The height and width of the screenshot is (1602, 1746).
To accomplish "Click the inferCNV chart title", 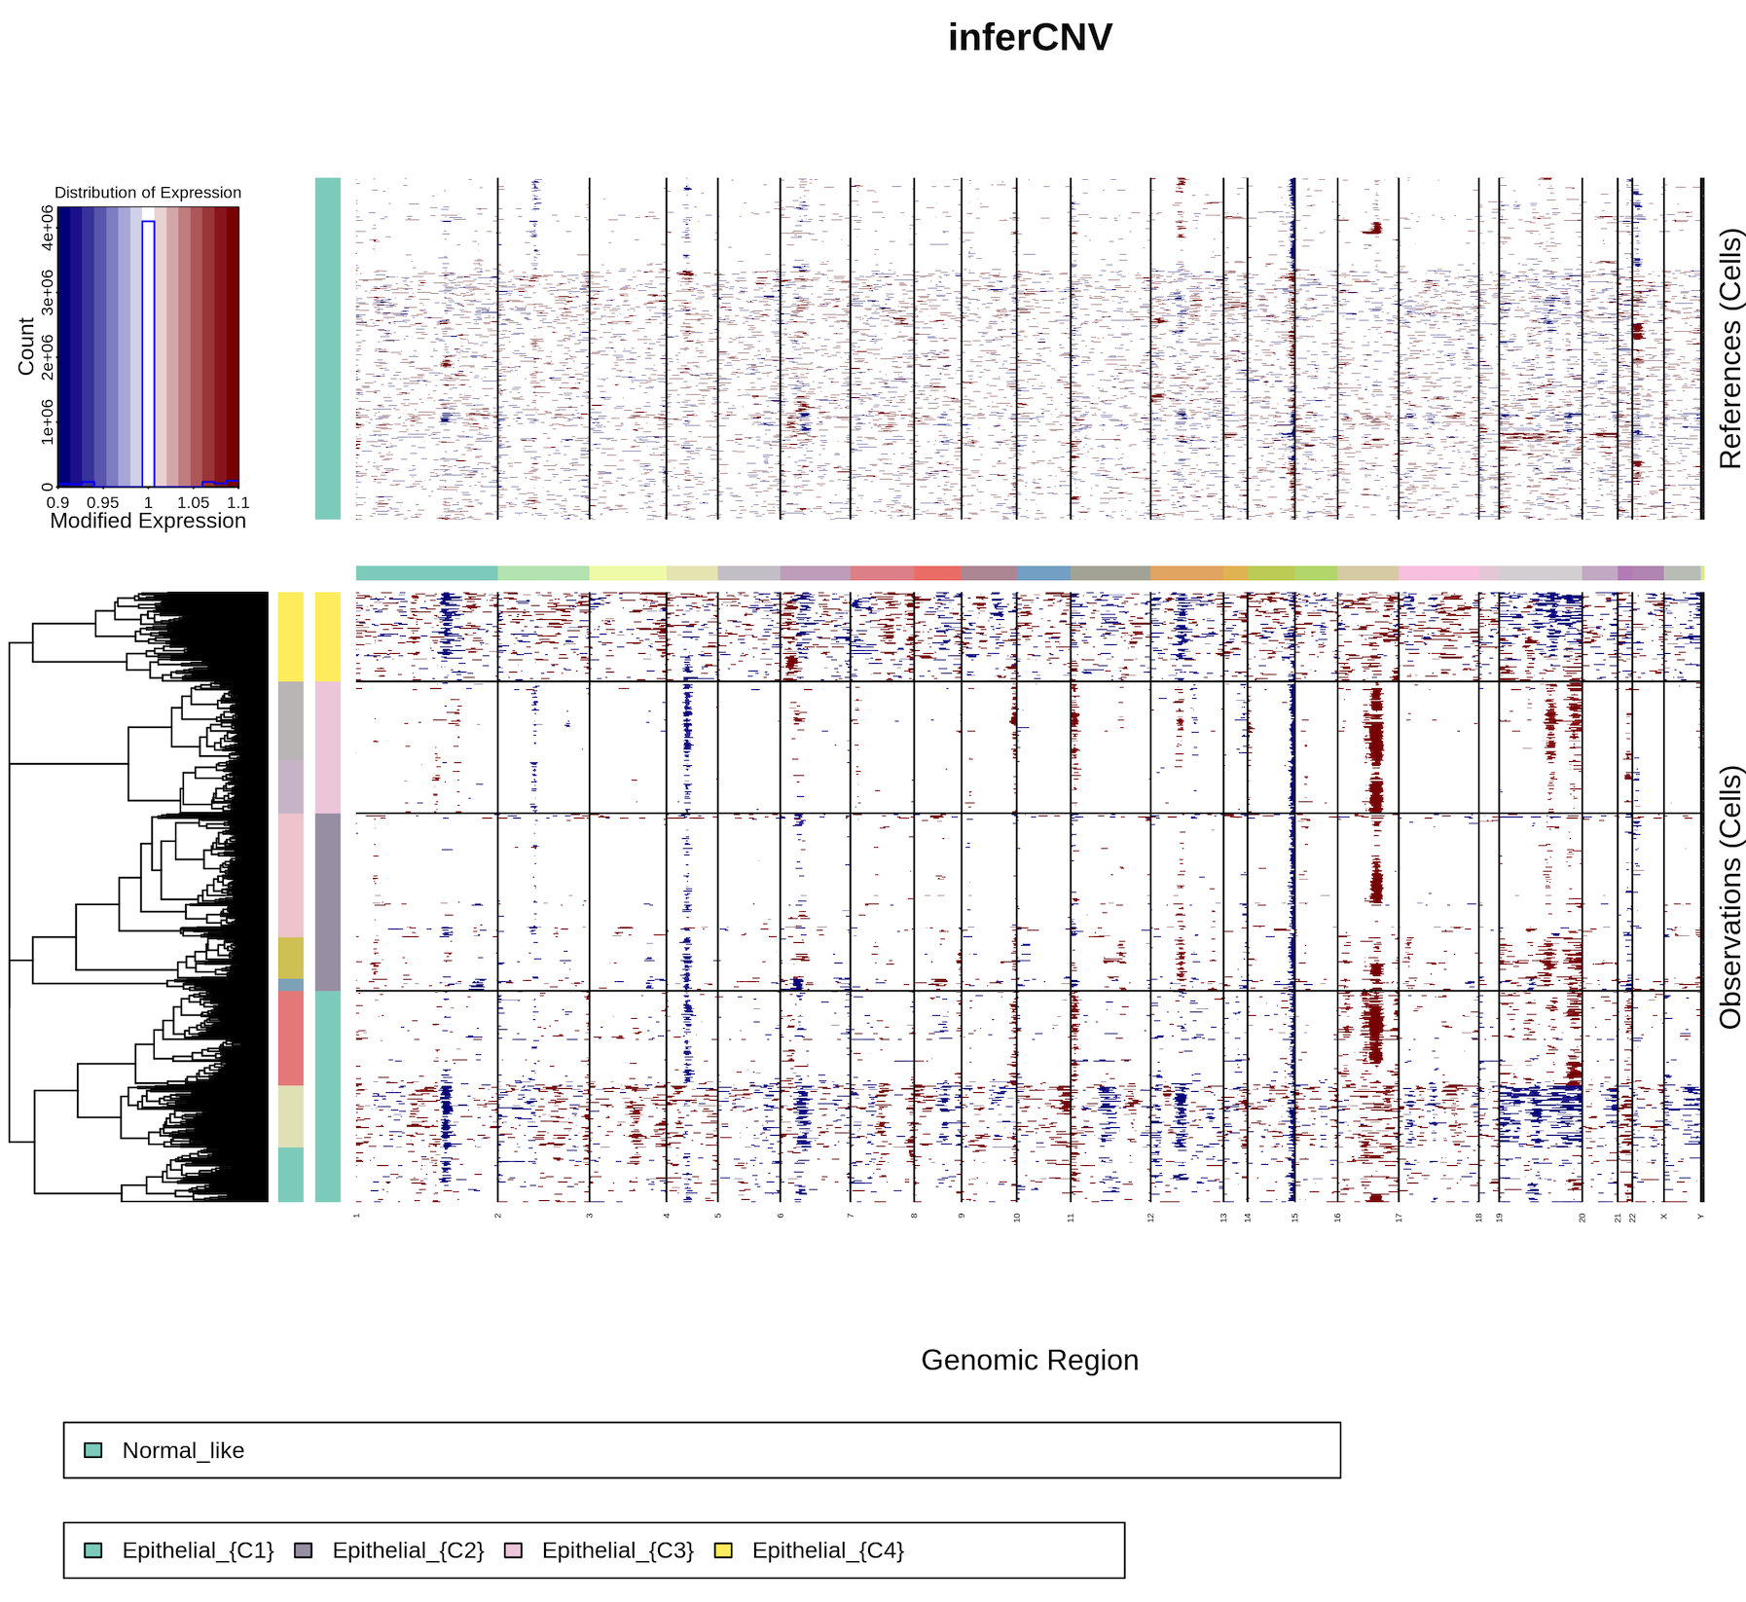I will tap(1030, 38).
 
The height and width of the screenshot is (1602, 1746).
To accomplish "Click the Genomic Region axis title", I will tap(1030, 1360).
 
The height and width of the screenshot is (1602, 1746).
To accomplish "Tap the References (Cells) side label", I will tap(1730, 348).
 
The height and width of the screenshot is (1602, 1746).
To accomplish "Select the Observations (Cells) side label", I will tap(1730, 896).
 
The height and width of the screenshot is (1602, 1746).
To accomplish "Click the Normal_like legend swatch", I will tap(93, 1450).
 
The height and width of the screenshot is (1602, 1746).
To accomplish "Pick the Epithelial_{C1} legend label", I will tap(199, 1550).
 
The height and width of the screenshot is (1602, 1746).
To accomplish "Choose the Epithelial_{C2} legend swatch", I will tap(304, 1550).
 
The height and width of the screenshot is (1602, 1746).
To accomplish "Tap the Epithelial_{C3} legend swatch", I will tap(514, 1550).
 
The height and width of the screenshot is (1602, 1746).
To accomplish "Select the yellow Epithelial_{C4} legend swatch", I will tap(723, 1550).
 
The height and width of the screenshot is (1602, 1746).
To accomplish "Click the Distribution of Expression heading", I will tap(148, 193).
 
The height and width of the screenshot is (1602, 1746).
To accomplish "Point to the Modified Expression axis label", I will tap(148, 521).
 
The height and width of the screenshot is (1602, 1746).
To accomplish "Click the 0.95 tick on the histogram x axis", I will tap(102, 502).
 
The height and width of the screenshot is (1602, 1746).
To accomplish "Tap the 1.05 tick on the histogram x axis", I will tap(193, 502).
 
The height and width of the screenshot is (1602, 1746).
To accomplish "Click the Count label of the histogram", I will tap(26, 346).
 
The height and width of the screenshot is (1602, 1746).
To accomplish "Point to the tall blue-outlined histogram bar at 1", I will tap(148, 350).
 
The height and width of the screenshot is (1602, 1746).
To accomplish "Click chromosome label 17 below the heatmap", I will tap(1400, 1217).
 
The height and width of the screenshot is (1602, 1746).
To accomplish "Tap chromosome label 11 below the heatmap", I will tap(1072, 1217).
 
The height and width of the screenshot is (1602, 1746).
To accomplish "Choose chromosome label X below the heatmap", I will tap(1664, 1217).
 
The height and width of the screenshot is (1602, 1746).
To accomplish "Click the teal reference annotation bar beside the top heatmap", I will tap(328, 348).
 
